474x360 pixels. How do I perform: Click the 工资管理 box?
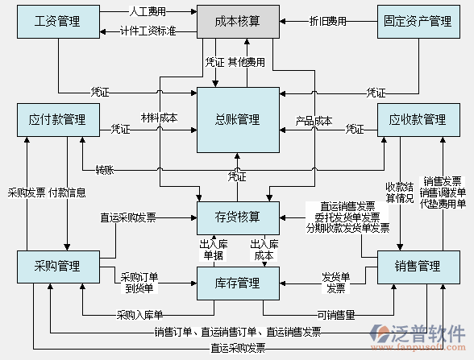point(57,21)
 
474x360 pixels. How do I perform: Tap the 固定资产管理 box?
point(417,21)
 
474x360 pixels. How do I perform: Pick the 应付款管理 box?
point(57,120)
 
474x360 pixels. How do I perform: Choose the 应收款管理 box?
point(417,120)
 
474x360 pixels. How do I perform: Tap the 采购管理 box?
point(57,267)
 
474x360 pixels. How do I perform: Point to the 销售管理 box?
point(417,267)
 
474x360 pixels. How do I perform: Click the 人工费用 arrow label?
point(148,12)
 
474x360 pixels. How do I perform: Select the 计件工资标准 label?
point(148,31)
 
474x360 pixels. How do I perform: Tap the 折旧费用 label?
point(327,21)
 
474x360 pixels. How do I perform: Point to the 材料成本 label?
point(159,118)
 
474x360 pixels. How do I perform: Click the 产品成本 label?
point(314,122)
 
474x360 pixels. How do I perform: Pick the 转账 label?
point(105,170)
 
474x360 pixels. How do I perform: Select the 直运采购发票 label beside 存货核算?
point(128,217)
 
